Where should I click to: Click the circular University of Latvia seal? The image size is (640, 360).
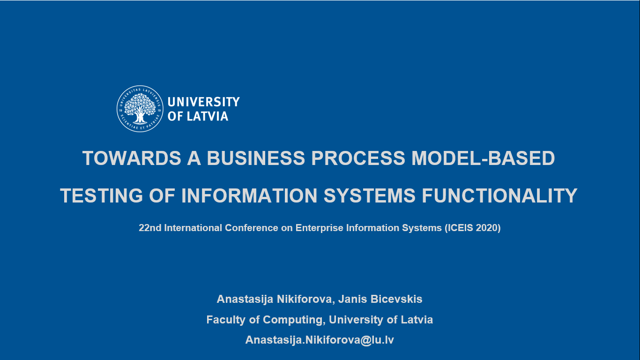tap(140, 109)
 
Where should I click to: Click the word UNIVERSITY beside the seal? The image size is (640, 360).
tap(204, 102)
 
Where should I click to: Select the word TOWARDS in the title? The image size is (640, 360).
tap(132, 158)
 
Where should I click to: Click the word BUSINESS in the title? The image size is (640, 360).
tap(256, 158)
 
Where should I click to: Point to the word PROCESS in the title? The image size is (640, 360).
tap(358, 158)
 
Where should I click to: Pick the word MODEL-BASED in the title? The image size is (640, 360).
tap(483, 158)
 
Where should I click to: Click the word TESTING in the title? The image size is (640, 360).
tap(101, 195)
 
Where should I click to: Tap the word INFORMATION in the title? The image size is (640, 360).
tap(249, 195)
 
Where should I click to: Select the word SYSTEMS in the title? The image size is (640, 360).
tap(369, 195)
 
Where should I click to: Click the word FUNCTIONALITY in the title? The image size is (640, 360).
tap(500, 195)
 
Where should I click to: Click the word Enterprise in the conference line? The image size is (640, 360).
tap(319, 228)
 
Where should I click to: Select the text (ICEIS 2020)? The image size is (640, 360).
tap(473, 228)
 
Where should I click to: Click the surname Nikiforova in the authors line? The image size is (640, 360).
tap(304, 299)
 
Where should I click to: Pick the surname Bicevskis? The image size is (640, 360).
tap(396, 299)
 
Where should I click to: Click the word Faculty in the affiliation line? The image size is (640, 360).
tap(226, 320)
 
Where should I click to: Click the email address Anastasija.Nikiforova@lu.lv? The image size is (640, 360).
tap(320, 340)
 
